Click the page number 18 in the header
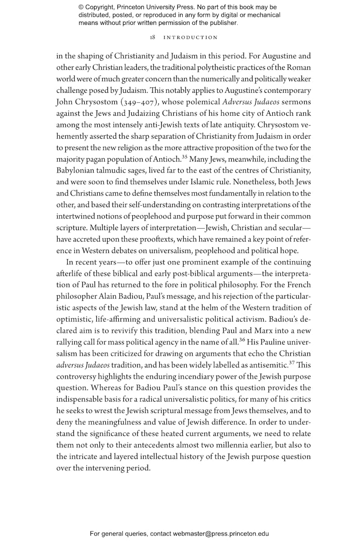(153, 37)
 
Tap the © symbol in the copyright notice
(81, 7)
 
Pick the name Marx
(260, 331)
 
